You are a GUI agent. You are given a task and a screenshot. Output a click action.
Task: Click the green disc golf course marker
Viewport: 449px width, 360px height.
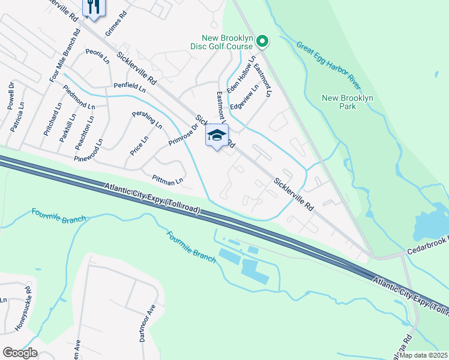262,41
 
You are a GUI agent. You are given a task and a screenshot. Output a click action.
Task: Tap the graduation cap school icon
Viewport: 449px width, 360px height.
217,136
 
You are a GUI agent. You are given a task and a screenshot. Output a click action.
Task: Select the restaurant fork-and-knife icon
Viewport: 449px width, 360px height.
93,7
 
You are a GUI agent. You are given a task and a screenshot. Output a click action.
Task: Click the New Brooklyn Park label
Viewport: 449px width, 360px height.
348,102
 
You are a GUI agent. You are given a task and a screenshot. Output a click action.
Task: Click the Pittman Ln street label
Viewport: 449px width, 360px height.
167,179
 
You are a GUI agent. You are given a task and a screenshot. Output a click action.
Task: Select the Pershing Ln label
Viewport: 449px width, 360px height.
148,119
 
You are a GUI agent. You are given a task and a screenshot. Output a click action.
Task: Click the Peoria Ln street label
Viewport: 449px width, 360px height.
97,56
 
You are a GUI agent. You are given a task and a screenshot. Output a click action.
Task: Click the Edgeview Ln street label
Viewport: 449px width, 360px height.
248,95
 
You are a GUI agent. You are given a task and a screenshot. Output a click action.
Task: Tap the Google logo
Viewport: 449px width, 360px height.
20,353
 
